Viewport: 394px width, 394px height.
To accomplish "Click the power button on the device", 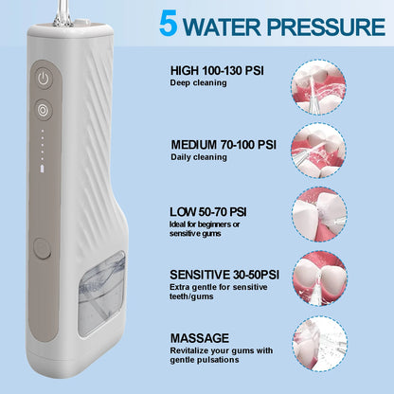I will point(44,78).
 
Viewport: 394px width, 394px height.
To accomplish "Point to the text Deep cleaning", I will point(199,82).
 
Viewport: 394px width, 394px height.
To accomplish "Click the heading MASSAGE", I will point(200,337).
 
